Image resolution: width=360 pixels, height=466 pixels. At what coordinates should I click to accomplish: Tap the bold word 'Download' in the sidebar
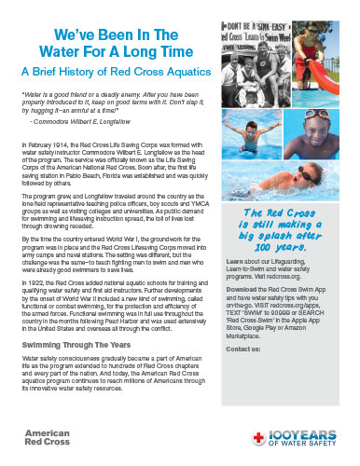click(242, 288)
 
